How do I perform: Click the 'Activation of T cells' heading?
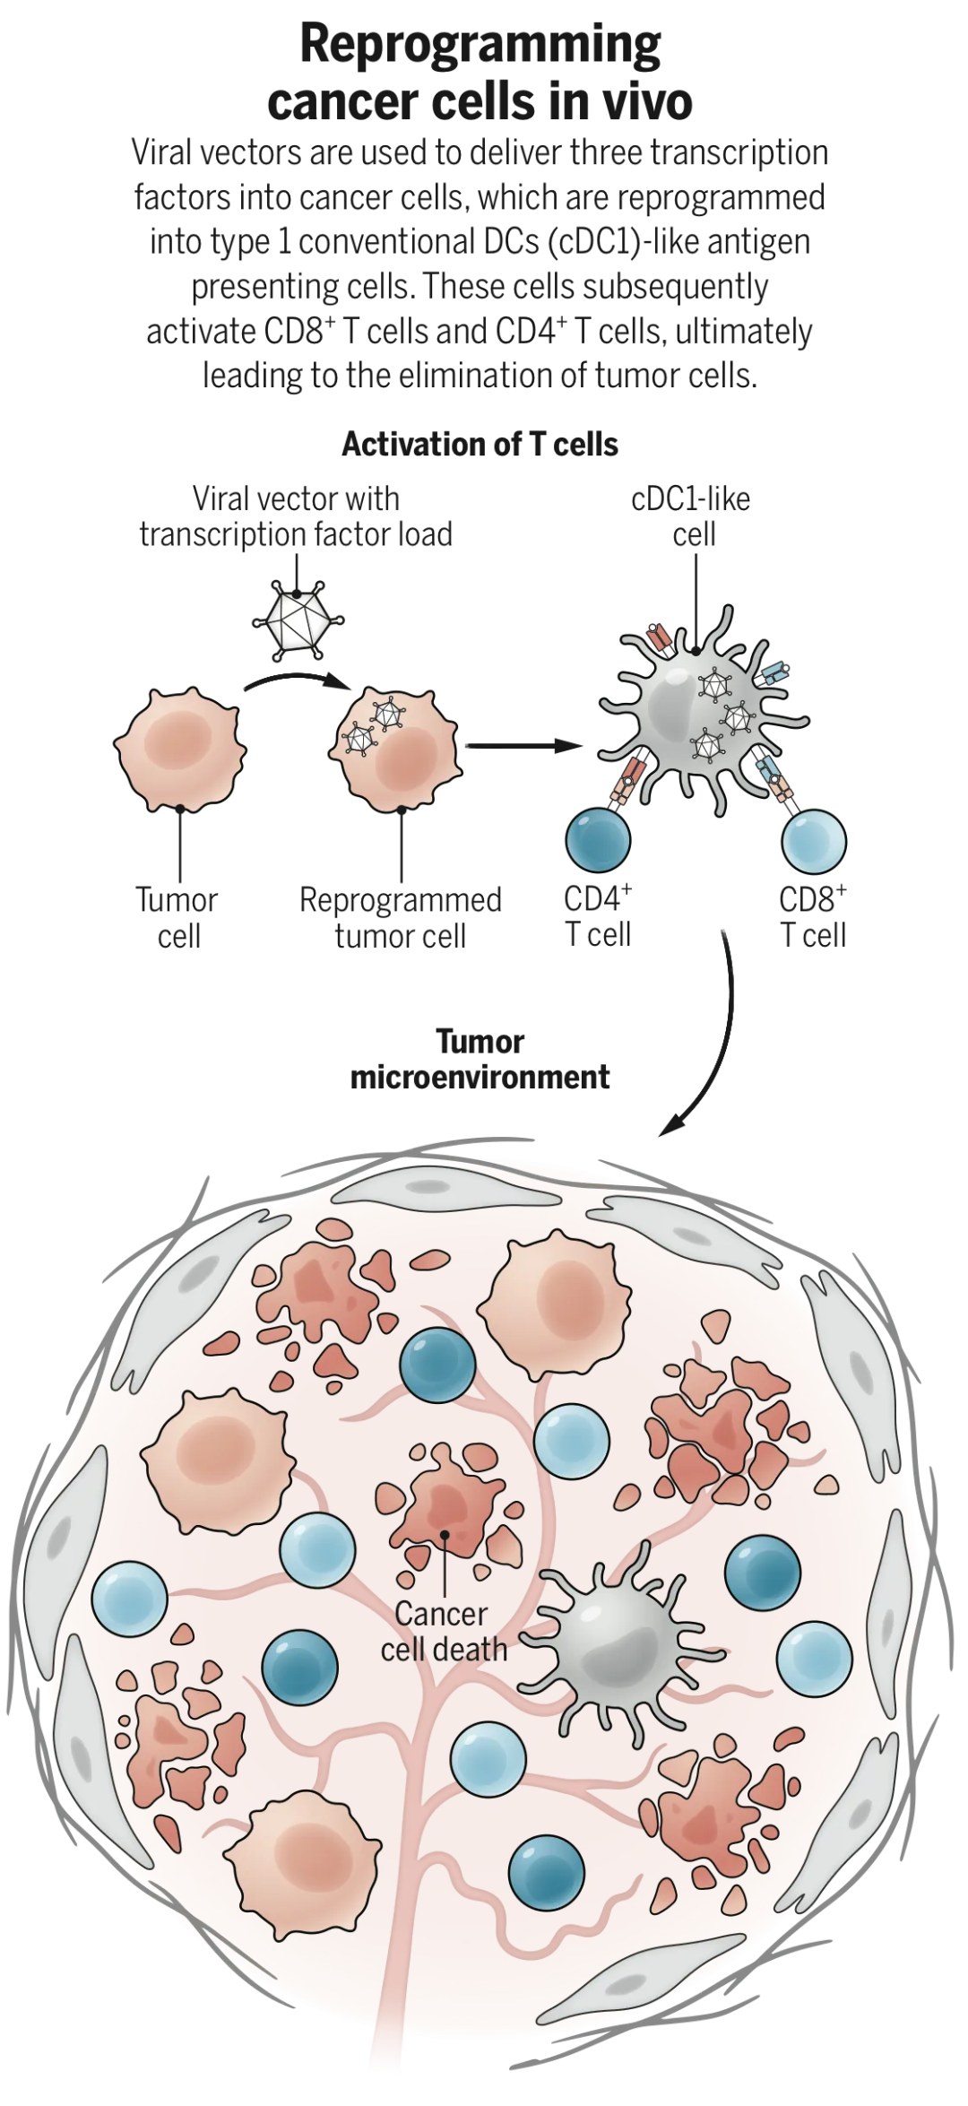480,445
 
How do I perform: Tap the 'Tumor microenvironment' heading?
480,1059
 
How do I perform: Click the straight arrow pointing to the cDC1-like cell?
520,744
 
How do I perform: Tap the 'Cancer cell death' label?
443,1632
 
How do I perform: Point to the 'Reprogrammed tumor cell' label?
400,918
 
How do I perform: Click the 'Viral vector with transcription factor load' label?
296,516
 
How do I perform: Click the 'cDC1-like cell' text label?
692,516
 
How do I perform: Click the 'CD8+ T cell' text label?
813,916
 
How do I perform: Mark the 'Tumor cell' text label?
177,918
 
